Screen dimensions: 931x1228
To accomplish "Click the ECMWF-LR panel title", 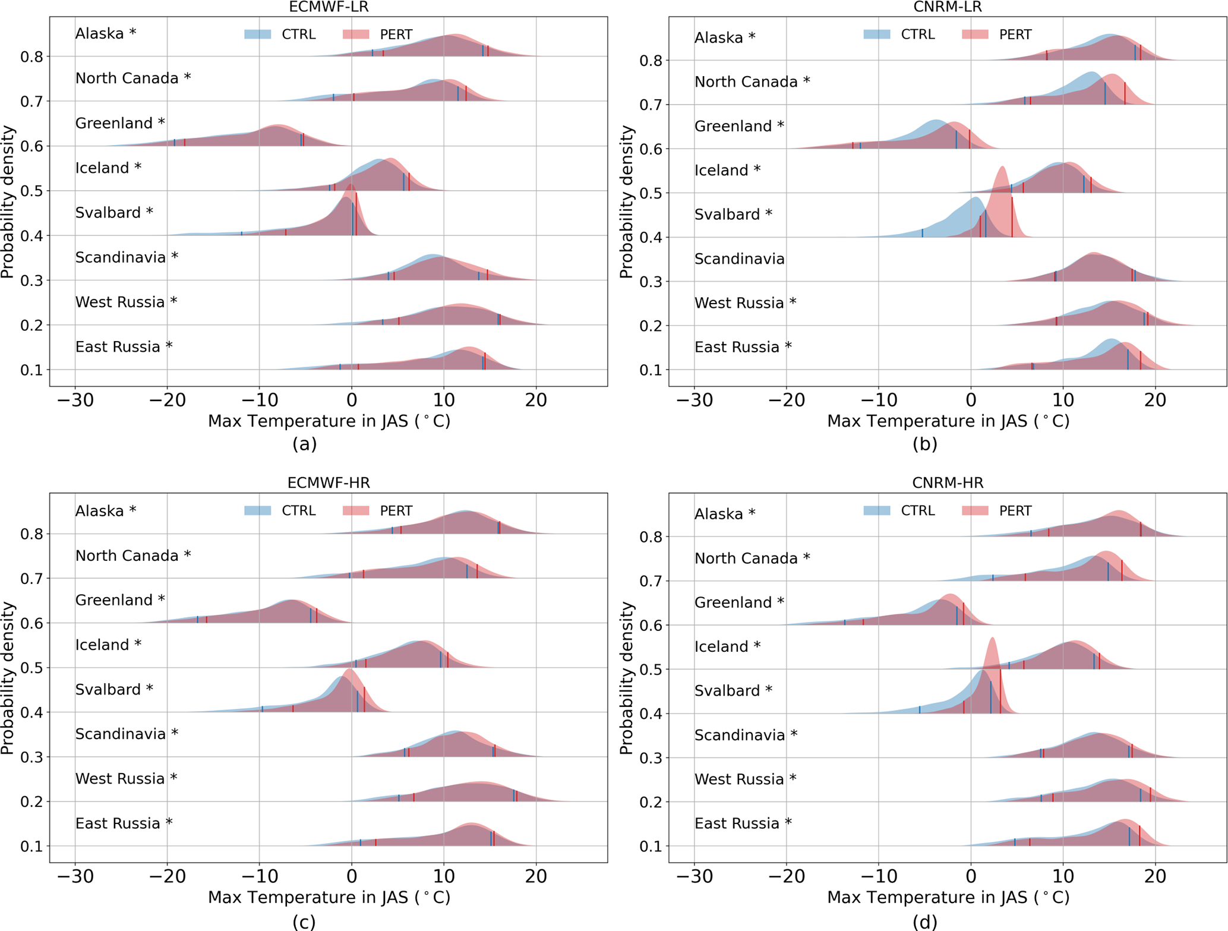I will pyautogui.click(x=329, y=7).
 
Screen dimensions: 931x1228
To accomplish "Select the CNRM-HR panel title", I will pyautogui.click(x=948, y=483).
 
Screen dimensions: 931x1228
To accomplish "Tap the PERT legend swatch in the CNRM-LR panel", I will pyautogui.click(x=975, y=34).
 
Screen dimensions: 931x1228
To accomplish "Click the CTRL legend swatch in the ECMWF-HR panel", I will pyautogui.click(x=258, y=511).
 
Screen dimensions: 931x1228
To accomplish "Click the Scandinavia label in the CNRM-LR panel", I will pyautogui.click(x=740, y=259).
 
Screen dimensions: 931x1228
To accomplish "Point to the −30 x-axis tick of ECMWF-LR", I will pyautogui.click(x=75, y=400).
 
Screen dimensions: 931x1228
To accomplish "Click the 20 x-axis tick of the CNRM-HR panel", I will pyautogui.click(x=1155, y=876).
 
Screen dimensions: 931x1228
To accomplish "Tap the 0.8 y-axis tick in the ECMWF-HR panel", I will pyautogui.click(x=32, y=534).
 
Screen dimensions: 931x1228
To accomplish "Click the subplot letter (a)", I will pyautogui.click(x=304, y=444).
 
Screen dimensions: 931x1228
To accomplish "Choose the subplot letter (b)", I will pyautogui.click(x=924, y=444).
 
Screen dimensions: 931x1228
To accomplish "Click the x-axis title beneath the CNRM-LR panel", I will pyautogui.click(x=948, y=421).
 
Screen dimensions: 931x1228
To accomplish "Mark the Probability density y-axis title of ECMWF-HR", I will pyautogui.click(x=8, y=677).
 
